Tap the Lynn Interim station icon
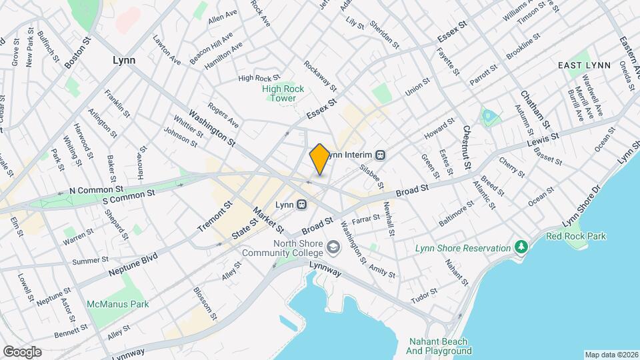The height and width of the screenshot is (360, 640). click(381, 155)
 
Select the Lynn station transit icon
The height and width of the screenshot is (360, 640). click(302, 204)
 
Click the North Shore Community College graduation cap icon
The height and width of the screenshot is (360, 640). click(332, 248)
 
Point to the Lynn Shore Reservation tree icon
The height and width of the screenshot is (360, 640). click(521, 248)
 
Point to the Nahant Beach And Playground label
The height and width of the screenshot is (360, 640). click(439, 345)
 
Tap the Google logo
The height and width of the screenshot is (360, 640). click(22, 351)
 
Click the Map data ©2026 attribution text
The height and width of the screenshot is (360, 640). click(611, 354)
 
